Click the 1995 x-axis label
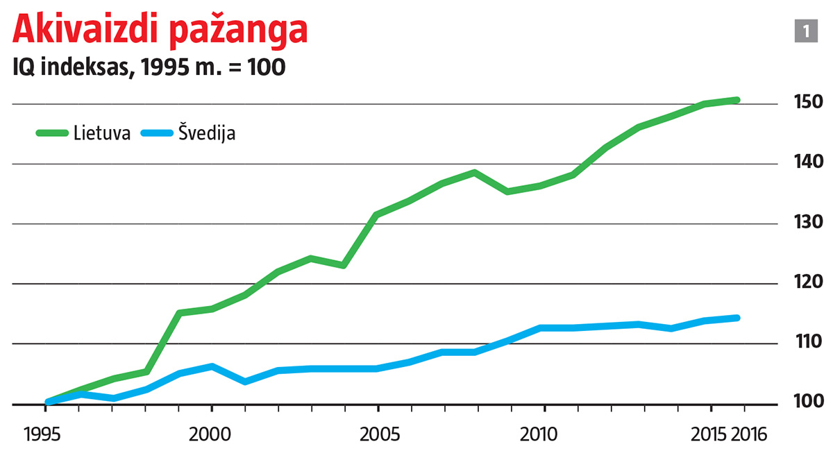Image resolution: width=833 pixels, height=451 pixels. (x=47, y=435)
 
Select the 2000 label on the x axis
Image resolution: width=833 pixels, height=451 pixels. (x=212, y=435)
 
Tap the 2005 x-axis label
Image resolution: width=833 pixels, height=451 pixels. (x=378, y=435)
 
